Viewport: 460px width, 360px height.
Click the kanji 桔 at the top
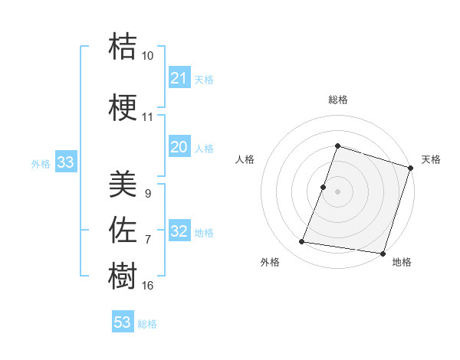123,46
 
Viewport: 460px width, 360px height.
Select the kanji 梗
123,108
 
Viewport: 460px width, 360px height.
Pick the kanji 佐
123,228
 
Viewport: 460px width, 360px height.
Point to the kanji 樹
123,274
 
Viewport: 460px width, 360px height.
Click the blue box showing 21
179,78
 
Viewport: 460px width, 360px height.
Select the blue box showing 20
179,147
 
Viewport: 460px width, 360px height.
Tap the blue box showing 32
179,232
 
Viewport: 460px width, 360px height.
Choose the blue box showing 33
66,162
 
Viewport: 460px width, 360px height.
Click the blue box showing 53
123,322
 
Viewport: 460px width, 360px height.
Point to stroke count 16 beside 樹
148,286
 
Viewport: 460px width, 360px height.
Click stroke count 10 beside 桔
148,56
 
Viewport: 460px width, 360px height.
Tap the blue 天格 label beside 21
204,80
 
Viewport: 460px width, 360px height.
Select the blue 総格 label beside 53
147,324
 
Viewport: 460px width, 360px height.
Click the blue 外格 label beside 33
41,163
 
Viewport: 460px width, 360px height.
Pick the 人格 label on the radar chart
245,159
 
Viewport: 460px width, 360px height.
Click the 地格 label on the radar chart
402,262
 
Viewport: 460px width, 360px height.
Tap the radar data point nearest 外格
302,242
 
